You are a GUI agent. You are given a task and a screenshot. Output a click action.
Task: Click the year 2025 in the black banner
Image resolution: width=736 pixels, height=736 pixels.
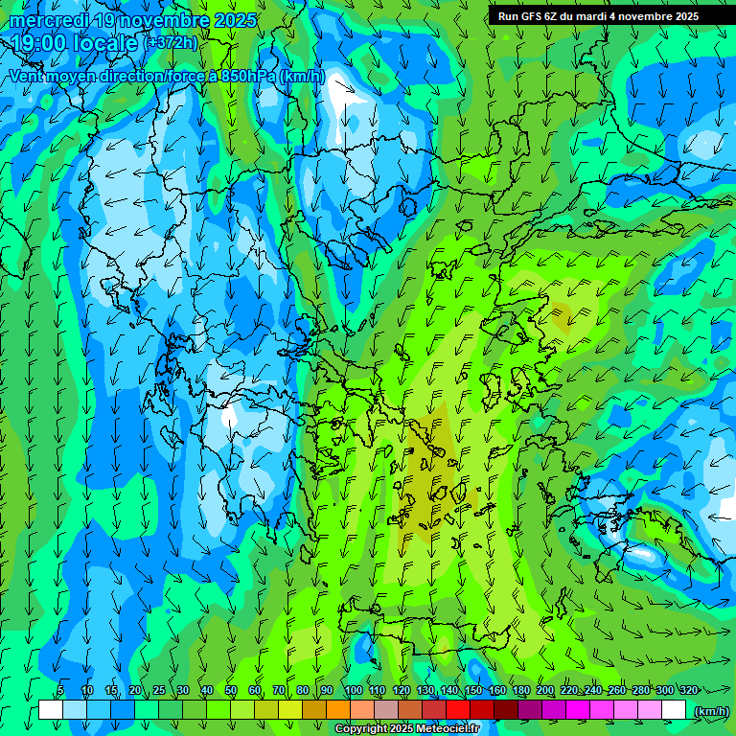[681, 16]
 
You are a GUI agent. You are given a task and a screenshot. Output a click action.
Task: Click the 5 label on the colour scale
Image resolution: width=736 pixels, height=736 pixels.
[60, 690]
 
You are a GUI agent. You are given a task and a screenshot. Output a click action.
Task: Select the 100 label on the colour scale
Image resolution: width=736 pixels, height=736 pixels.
[354, 690]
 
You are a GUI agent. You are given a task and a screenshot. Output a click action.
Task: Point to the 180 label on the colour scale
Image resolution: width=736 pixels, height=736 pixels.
[520, 690]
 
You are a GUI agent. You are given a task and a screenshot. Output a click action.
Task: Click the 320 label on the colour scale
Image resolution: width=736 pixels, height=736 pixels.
[688, 690]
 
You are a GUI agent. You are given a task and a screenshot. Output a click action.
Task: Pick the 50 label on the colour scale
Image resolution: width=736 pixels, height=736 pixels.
[231, 690]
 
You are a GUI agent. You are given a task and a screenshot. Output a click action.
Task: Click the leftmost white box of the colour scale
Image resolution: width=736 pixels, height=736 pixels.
[51, 710]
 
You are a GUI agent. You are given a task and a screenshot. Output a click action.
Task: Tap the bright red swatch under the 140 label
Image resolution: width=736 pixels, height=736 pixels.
[458, 710]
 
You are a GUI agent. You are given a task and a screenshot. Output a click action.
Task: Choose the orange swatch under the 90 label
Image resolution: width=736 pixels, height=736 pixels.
[338, 710]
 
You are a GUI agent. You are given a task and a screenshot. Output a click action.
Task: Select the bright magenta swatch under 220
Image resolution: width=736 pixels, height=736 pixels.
[578, 710]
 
